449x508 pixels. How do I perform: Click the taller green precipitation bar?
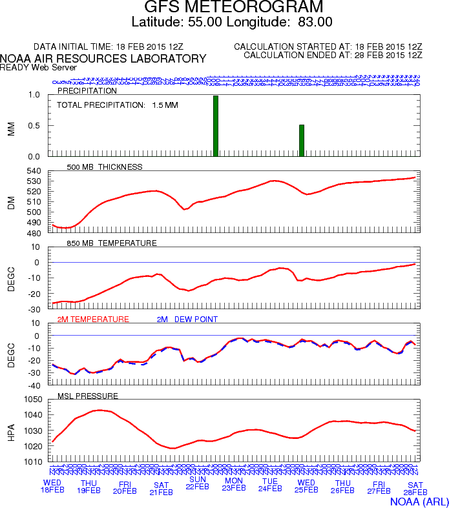216,126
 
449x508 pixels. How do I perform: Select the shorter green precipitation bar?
302,140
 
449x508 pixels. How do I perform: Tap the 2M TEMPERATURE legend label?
93,320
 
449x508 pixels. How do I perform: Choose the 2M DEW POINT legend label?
187,320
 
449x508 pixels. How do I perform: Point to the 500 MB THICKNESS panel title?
105,167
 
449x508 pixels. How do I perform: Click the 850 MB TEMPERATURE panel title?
112,243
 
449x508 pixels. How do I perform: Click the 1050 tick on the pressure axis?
32,400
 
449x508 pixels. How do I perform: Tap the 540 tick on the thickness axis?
34,171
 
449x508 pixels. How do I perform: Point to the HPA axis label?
10,431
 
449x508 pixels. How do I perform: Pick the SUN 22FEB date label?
198,483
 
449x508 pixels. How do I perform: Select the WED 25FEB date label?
306,487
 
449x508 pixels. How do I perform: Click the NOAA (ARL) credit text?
419,501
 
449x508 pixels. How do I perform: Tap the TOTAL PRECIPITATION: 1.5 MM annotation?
118,105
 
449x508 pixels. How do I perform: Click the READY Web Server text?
39,67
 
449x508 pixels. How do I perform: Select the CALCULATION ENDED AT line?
333,56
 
